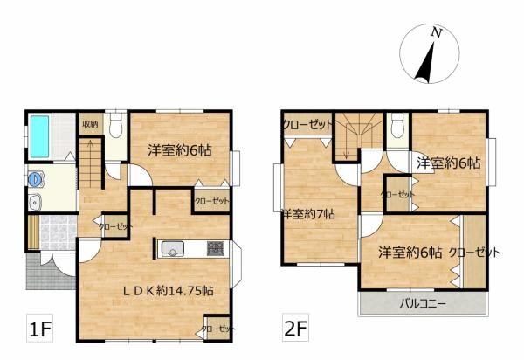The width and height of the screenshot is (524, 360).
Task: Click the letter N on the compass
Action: point(436,32)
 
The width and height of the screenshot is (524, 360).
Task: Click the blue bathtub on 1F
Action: point(40,136)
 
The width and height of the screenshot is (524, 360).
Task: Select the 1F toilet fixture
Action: point(115,125)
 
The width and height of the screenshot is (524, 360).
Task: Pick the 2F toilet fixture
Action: point(397,125)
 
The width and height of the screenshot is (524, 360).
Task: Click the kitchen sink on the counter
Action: point(172,249)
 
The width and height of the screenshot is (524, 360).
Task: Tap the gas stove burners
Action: point(215,249)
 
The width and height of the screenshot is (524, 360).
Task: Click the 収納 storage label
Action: point(90,124)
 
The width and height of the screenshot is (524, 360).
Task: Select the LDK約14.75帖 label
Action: point(169,291)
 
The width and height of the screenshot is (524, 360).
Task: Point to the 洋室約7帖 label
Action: point(308,214)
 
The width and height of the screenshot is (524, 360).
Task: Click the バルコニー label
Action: point(423,304)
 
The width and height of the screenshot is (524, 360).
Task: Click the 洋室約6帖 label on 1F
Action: point(180,150)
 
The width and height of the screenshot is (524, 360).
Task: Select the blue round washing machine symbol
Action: point(35,179)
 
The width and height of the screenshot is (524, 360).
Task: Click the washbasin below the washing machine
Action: point(35,202)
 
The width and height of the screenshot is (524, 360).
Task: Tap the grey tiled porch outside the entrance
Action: point(50,271)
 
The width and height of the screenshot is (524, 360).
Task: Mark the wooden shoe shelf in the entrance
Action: point(33,232)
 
